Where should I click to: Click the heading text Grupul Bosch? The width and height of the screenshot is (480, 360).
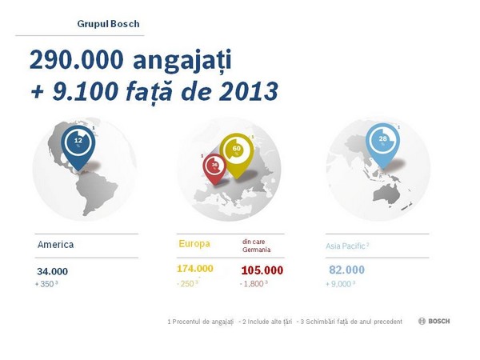[x=108, y=24]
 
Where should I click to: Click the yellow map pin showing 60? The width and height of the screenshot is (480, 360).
[x=237, y=152]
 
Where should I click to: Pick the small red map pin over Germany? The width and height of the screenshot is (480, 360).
[x=214, y=166]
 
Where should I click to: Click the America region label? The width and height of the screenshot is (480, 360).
[x=55, y=245]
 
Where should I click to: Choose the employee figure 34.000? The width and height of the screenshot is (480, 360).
[x=53, y=271]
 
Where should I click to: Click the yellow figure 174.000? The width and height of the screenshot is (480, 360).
[x=195, y=269]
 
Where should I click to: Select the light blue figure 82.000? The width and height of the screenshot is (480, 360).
[x=346, y=270]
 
